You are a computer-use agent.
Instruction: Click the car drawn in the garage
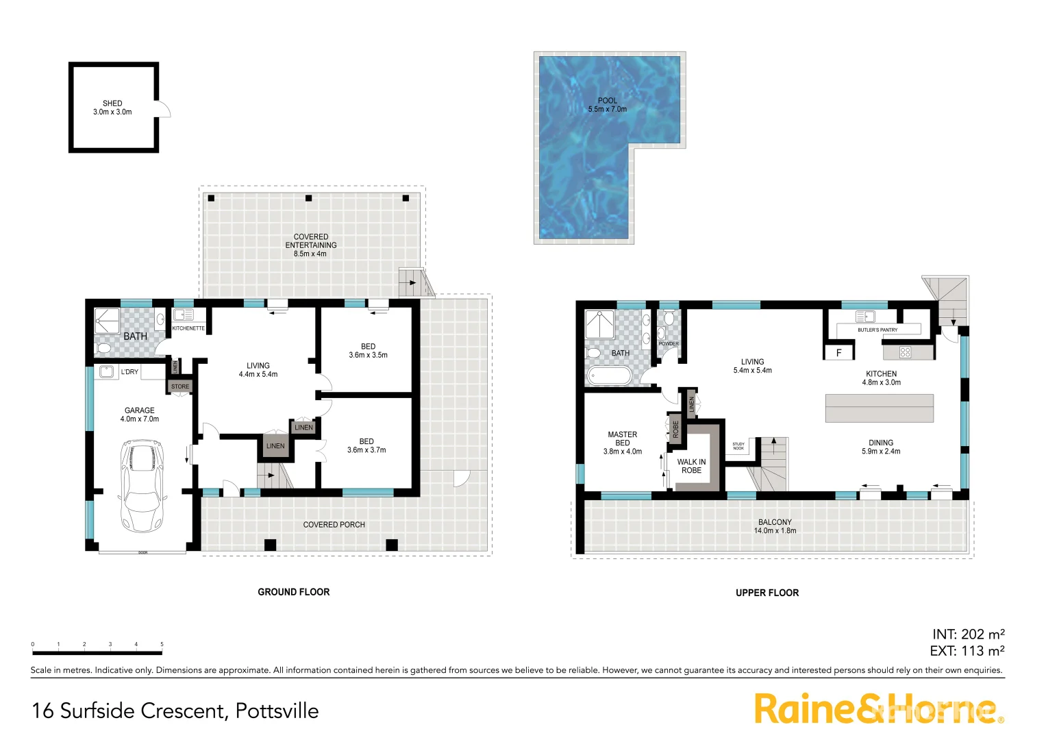pyautogui.click(x=142, y=487)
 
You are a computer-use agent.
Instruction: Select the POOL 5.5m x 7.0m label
pyautogui.click(x=607, y=105)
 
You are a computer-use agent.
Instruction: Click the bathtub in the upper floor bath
pyautogui.click(x=609, y=376)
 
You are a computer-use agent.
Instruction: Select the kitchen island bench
pyautogui.click(x=879, y=408)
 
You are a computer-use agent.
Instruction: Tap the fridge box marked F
pyautogui.click(x=838, y=353)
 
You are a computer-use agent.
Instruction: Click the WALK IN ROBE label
pyautogui.click(x=691, y=466)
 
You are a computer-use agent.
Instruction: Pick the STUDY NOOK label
pyautogui.click(x=738, y=446)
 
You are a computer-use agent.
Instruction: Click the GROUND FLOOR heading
pyautogui.click(x=293, y=592)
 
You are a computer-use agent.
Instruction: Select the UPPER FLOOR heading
pyautogui.click(x=767, y=593)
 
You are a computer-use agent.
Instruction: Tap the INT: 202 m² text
pyautogui.click(x=968, y=634)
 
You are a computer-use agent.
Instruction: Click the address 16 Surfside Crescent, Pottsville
pyautogui.click(x=175, y=711)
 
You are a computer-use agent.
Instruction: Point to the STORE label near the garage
pyautogui.click(x=180, y=386)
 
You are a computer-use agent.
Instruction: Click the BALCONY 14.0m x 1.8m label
pyautogui.click(x=775, y=526)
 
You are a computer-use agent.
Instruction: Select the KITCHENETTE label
pyautogui.click(x=188, y=328)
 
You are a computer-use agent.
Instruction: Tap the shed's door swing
pyautogui.click(x=164, y=109)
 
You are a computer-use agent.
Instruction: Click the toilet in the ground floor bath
pyautogui.click(x=103, y=349)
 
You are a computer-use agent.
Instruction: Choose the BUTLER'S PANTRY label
pyautogui.click(x=877, y=330)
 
